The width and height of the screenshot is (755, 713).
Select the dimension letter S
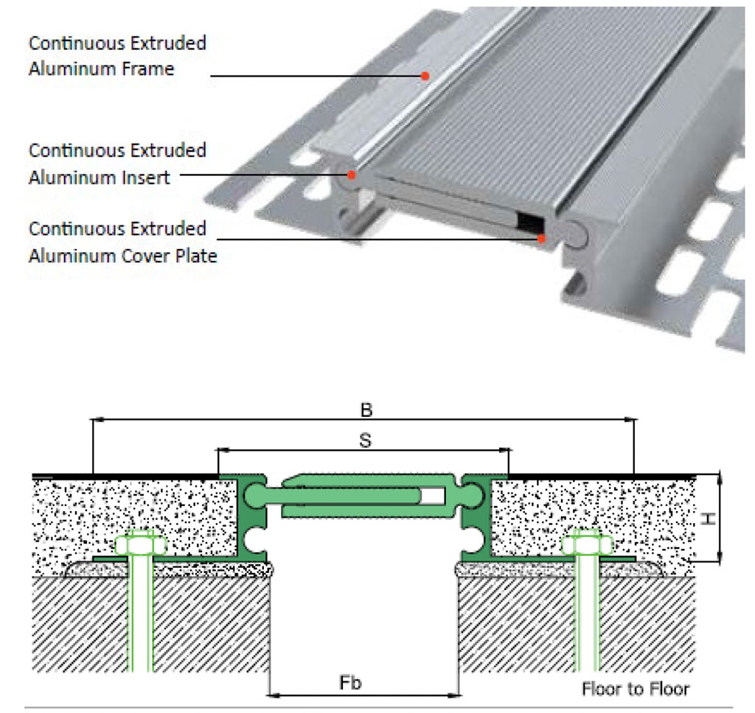[x=363, y=440]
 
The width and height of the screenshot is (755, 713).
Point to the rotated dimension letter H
[x=708, y=519]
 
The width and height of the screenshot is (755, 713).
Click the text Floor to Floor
[x=635, y=689]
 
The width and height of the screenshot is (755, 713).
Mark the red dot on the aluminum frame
[x=425, y=75]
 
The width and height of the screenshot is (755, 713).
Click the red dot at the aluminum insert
[x=352, y=175]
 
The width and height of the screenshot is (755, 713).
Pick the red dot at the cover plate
[x=542, y=238]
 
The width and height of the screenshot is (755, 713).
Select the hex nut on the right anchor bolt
[x=586, y=546]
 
